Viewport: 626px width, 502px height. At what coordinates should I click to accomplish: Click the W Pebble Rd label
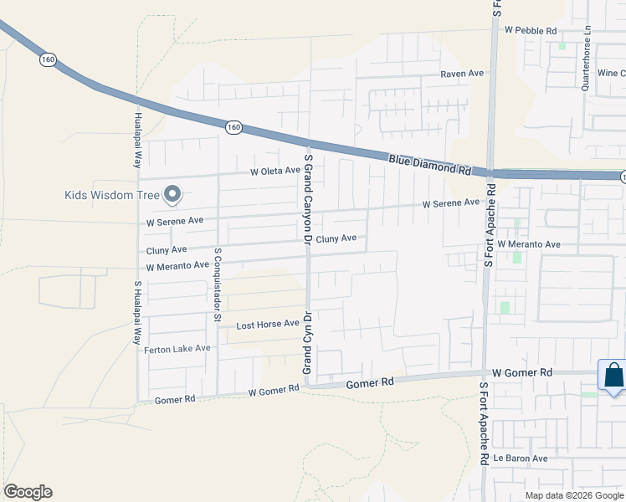tap(531, 30)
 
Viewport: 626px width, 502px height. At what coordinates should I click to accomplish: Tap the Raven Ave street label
tap(463, 74)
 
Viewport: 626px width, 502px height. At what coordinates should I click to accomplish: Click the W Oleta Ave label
tap(275, 171)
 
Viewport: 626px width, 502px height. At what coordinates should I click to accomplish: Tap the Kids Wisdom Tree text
tap(111, 196)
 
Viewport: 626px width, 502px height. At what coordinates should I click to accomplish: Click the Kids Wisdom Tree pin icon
tap(172, 194)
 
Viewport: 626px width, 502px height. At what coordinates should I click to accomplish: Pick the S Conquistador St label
tap(217, 284)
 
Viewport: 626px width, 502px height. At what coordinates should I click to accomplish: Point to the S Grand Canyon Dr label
tap(308, 199)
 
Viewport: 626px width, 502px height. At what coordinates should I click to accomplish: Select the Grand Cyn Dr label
tap(307, 343)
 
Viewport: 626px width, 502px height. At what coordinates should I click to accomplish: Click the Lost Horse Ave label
tap(267, 324)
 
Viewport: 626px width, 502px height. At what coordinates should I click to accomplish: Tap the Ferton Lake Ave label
tap(177, 348)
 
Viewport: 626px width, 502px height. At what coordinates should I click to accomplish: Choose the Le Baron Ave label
tap(520, 458)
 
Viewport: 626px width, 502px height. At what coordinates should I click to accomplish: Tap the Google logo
tap(28, 492)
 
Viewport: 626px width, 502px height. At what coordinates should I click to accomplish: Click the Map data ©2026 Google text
tap(573, 495)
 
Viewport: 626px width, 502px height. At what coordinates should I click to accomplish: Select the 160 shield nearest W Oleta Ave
tap(233, 126)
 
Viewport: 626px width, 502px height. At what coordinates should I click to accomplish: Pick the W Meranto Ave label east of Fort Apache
tap(528, 244)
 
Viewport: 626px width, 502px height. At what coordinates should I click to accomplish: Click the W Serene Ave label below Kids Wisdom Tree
tap(175, 223)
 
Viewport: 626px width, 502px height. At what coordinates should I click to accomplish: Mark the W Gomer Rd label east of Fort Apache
tap(523, 371)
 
